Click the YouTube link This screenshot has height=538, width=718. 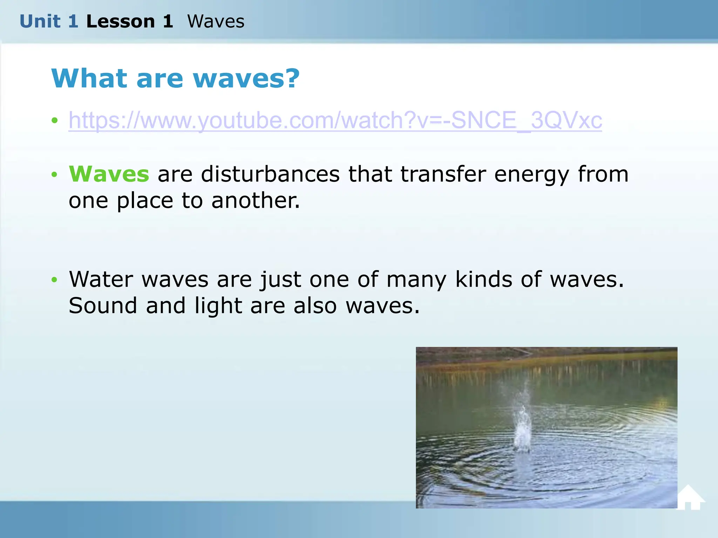pos(335,120)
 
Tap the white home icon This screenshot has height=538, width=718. pos(690,498)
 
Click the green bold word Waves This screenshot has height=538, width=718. pos(109,174)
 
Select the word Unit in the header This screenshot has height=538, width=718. pos(40,21)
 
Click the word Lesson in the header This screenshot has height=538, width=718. pos(120,21)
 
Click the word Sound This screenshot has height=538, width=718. pos(103,305)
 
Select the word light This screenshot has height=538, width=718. pos(218,306)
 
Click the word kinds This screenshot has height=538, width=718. pos(484,279)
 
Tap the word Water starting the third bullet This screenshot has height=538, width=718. pos(101,279)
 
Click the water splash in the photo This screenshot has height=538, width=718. pos(522,427)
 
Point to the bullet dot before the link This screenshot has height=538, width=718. pos(54,120)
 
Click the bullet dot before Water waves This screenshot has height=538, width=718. pos(54,280)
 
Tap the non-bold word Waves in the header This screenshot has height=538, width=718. pos(216,21)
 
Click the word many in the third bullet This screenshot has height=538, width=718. pos(416,280)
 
